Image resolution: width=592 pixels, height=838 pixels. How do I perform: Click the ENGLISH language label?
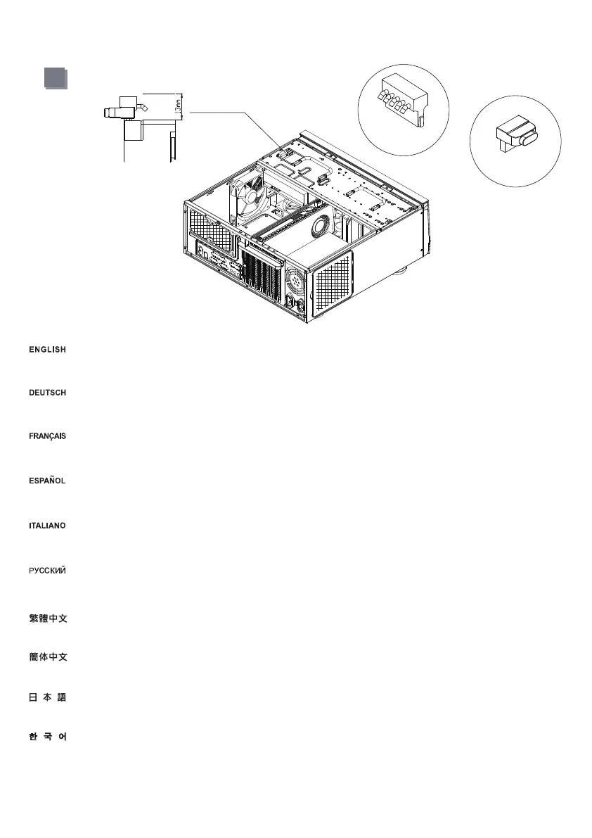click(47, 350)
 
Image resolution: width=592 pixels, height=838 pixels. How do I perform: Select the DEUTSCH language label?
click(47, 393)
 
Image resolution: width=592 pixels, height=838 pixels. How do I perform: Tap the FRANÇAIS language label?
click(47, 437)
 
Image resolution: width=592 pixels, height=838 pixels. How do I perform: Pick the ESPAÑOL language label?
click(47, 481)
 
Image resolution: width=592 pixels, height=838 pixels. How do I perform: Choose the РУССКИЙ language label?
click(47, 569)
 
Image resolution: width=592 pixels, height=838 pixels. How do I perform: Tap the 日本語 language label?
click(47, 697)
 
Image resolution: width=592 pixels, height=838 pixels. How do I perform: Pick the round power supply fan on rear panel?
click(295, 284)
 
